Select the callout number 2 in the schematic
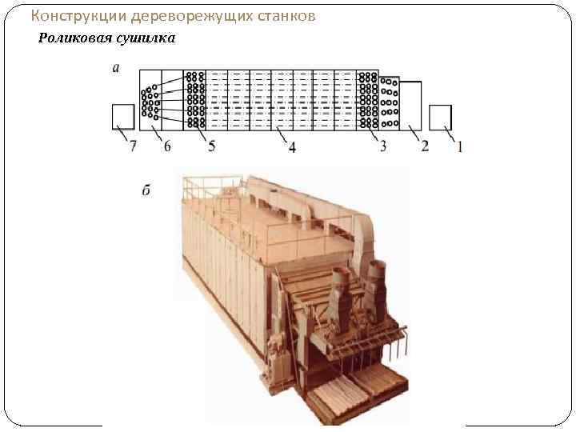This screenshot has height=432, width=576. coord(425,146)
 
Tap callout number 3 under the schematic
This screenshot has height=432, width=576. coord(383,146)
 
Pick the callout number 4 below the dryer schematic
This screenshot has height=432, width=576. coord(292,147)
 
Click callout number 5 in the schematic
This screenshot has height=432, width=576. coord(211,146)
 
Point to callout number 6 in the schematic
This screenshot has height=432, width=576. coord(167,146)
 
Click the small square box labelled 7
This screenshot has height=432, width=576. coord(123,117)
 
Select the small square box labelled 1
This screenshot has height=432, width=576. coord(440,117)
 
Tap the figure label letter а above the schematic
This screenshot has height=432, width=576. coord(117,69)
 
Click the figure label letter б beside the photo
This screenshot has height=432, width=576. coord(147,190)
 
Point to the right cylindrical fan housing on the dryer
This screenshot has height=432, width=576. coord(376,279)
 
